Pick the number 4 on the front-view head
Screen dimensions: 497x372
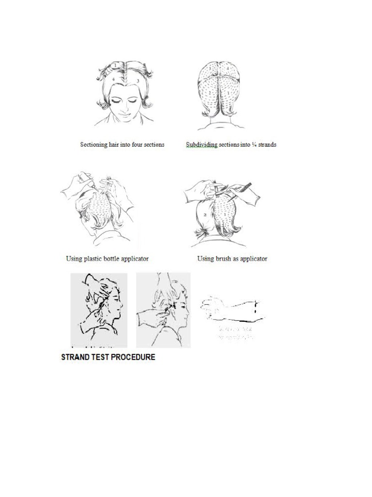click(113, 78)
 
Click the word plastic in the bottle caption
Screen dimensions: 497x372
click(95, 259)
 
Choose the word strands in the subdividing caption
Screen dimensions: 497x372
click(267, 145)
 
